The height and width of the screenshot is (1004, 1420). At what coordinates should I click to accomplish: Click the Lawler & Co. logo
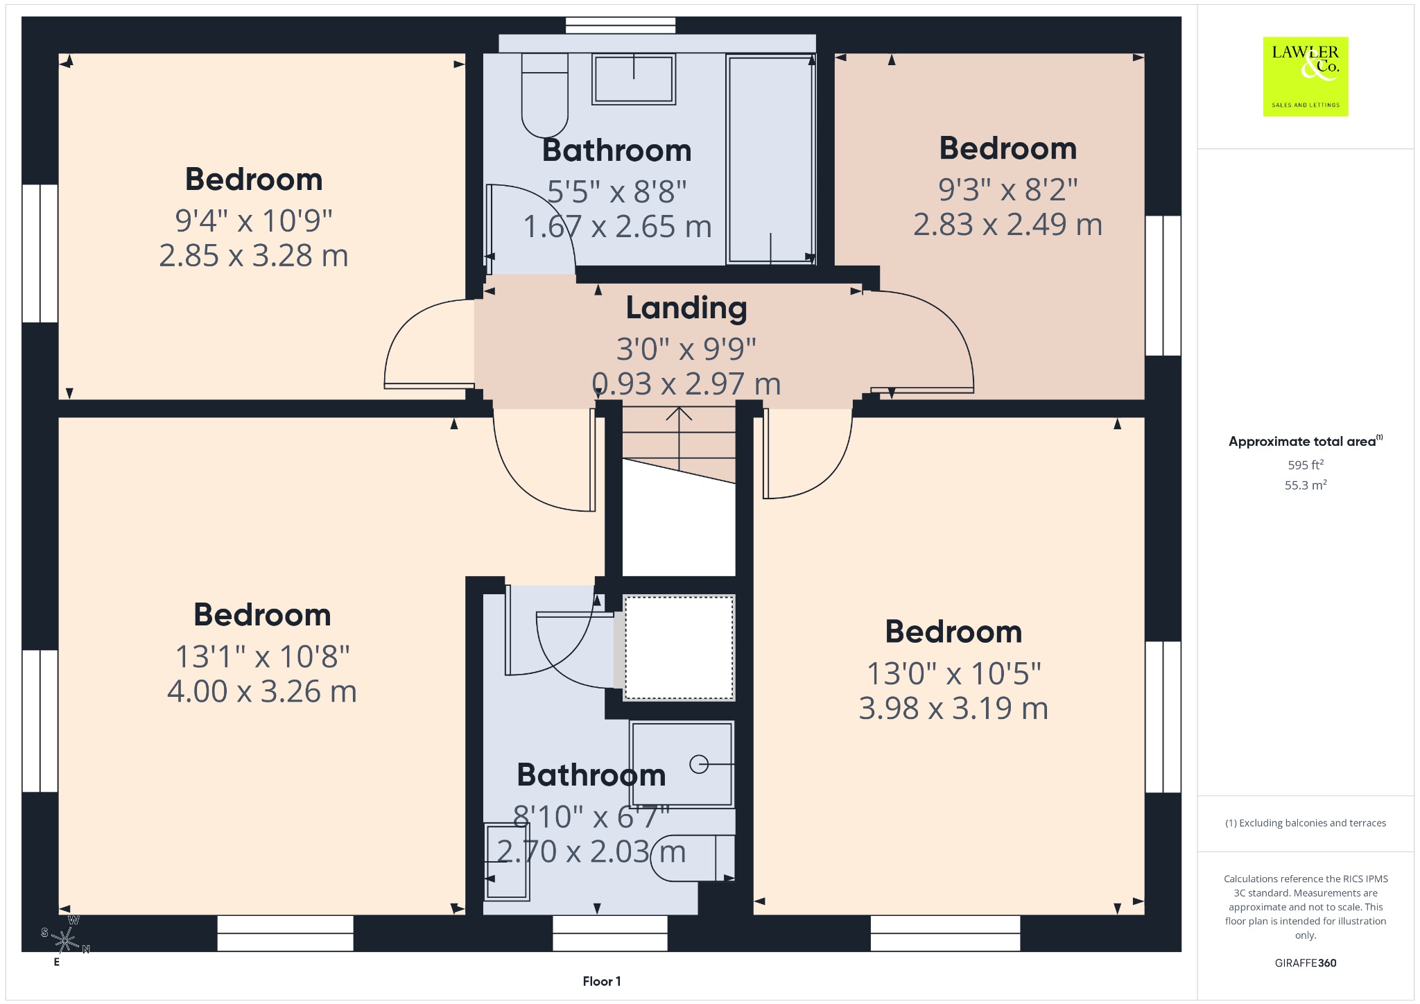coord(1306,76)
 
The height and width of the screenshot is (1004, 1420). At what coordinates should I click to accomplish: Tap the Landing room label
coord(686,308)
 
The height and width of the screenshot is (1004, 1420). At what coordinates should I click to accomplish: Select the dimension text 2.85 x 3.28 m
coord(254,256)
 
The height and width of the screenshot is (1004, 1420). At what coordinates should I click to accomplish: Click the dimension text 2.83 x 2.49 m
coord(1007,225)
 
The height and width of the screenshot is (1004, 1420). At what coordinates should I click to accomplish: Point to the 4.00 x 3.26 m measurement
coord(262,691)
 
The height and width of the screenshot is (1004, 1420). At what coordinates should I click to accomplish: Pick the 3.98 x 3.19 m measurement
coord(953,708)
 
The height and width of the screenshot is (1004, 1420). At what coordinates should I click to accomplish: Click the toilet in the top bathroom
coord(545,95)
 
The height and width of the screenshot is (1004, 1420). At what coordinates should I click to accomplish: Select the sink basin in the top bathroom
coord(634,79)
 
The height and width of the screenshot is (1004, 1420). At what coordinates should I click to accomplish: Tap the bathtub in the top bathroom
coord(771,159)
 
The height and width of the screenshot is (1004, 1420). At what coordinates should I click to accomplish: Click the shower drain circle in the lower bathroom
coord(699,764)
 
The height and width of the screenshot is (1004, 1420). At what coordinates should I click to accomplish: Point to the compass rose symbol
coord(66,941)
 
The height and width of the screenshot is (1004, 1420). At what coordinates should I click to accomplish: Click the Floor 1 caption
coord(602,981)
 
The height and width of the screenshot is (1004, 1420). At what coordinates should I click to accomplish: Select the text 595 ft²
coord(1306,465)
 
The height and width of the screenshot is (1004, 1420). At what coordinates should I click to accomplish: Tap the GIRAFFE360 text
coord(1306,962)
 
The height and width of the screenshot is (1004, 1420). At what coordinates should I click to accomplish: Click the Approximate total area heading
coord(1305,441)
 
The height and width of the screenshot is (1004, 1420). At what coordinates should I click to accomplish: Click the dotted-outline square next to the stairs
coord(679,648)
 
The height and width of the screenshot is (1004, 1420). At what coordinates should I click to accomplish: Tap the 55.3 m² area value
coord(1306,485)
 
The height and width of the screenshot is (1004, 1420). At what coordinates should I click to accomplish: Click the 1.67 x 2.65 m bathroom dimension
coord(617,227)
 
